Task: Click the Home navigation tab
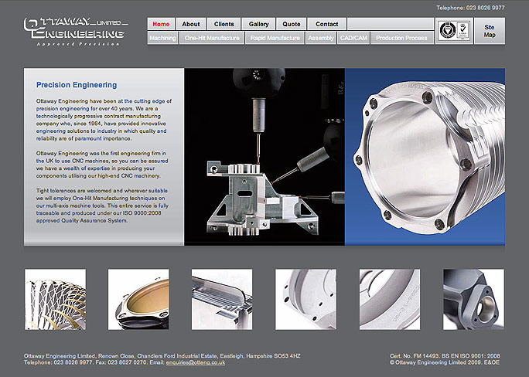tap(162, 24)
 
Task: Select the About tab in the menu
tap(191, 24)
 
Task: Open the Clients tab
tap(224, 24)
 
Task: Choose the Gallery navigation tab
tap(259, 24)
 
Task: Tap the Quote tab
tap(292, 24)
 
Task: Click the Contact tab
tap(327, 24)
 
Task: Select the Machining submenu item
tap(162, 37)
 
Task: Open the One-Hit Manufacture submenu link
tap(212, 37)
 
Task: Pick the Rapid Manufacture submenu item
tap(275, 37)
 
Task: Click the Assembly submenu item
tap(320, 37)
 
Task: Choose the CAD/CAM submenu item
tap(353, 37)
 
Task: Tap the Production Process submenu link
tap(401, 37)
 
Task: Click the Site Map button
tap(489, 31)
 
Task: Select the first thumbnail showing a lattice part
tap(55, 299)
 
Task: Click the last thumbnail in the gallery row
tap(473, 299)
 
